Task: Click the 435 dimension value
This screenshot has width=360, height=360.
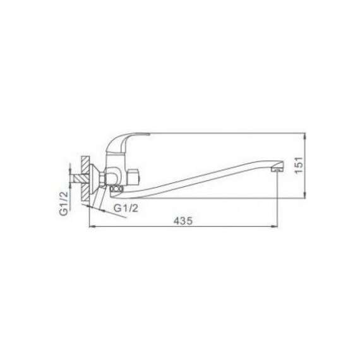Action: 183,221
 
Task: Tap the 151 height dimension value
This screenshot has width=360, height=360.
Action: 299,165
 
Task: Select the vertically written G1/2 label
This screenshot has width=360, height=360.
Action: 64,203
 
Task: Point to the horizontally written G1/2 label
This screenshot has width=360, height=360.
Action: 126,208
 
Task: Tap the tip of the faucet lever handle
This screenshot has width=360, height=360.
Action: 148,134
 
